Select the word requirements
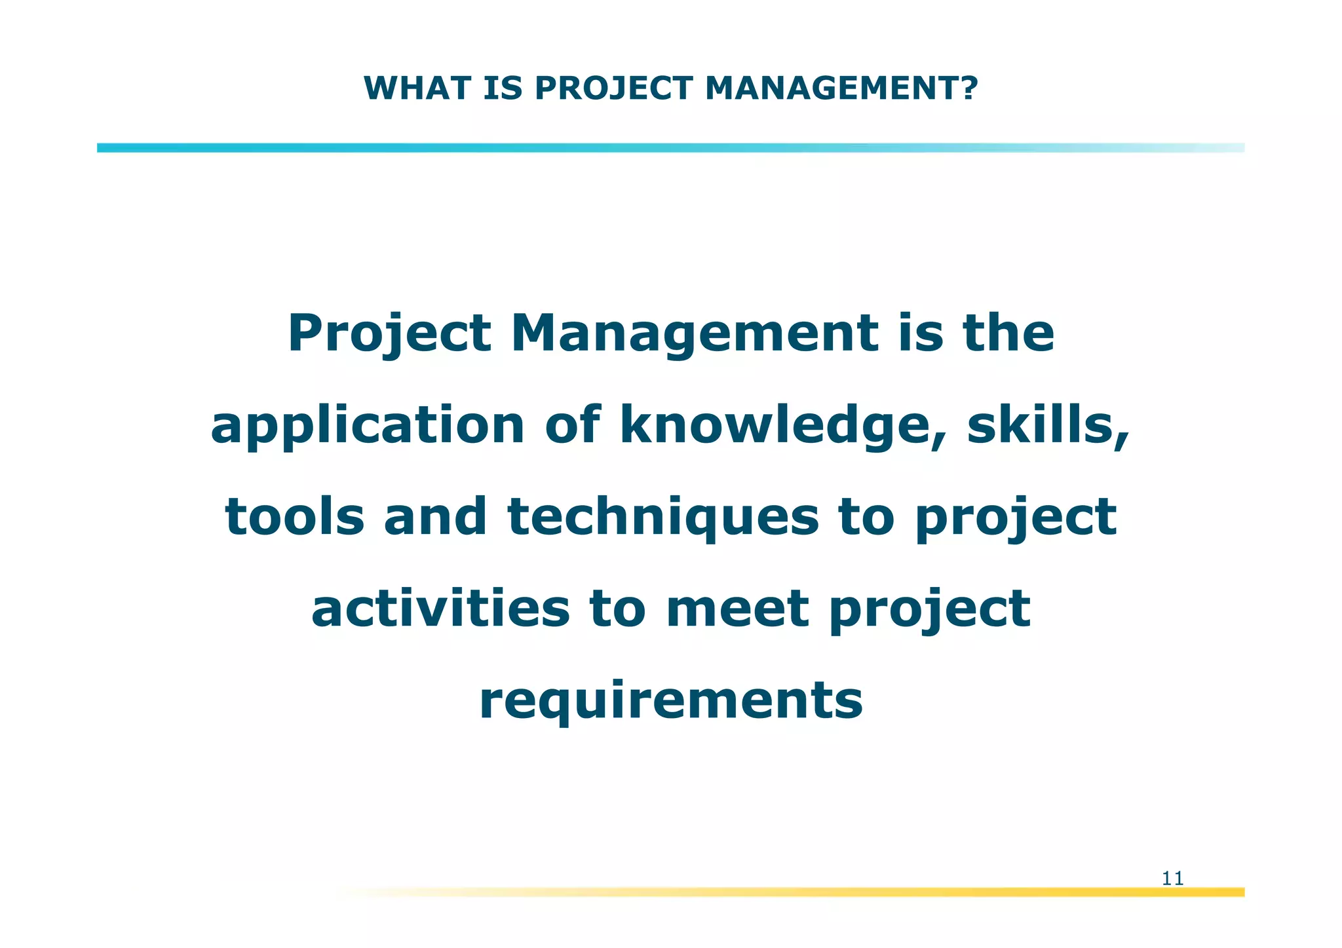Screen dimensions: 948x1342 coord(671,701)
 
